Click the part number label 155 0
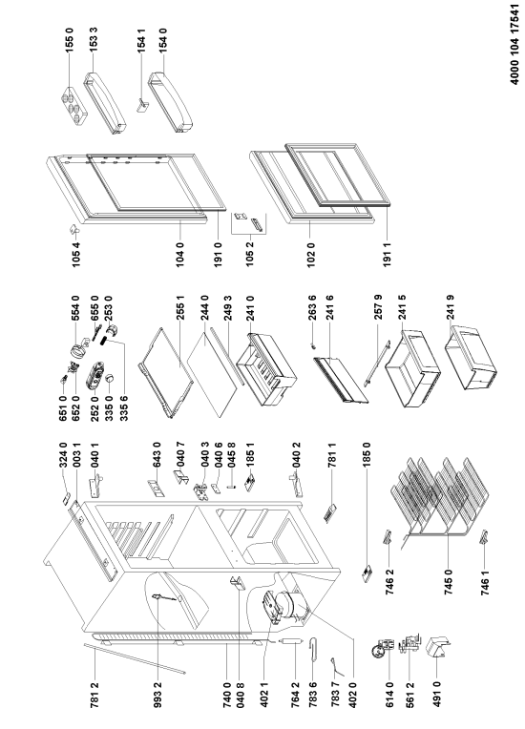[x=70, y=39]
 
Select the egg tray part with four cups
[x=73, y=106]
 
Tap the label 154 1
[x=142, y=39]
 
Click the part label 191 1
[x=388, y=253]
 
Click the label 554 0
[x=75, y=308]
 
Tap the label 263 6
[x=311, y=308]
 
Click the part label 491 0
[x=436, y=695]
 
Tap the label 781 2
[x=94, y=695]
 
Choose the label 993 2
[x=157, y=695]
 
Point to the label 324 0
[x=63, y=454]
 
